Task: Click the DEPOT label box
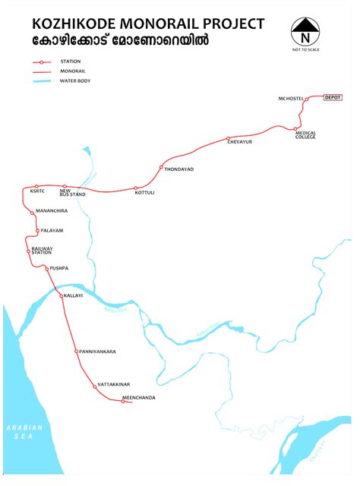pyautogui.click(x=333, y=98)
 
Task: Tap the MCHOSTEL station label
pyautogui.click(x=290, y=99)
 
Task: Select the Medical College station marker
pyautogui.click(x=296, y=129)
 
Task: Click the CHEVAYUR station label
pyautogui.click(x=239, y=142)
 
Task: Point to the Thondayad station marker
pyautogui.click(x=161, y=167)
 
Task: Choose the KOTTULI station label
pyautogui.click(x=144, y=193)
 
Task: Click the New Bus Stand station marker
pyautogui.click(x=65, y=186)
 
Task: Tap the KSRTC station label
pyautogui.click(x=38, y=191)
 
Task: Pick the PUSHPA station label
pyautogui.click(x=58, y=268)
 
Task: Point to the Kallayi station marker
pyautogui.click(x=62, y=295)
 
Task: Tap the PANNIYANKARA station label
pyautogui.click(x=97, y=352)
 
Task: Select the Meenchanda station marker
pyautogui.click(x=123, y=400)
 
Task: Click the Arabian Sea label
pyautogui.click(x=25, y=433)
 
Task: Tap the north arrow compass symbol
pyautogui.click(x=306, y=31)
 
